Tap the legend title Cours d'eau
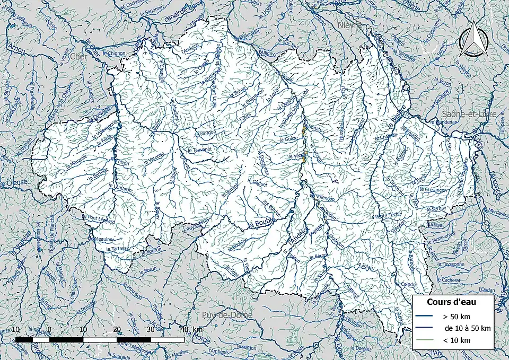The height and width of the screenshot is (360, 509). point(452,302)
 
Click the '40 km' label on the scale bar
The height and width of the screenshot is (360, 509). point(191,330)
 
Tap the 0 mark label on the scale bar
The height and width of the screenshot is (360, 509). point(49,330)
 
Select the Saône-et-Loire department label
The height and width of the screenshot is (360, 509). point(468,115)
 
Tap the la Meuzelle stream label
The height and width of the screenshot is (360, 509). point(76,159)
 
